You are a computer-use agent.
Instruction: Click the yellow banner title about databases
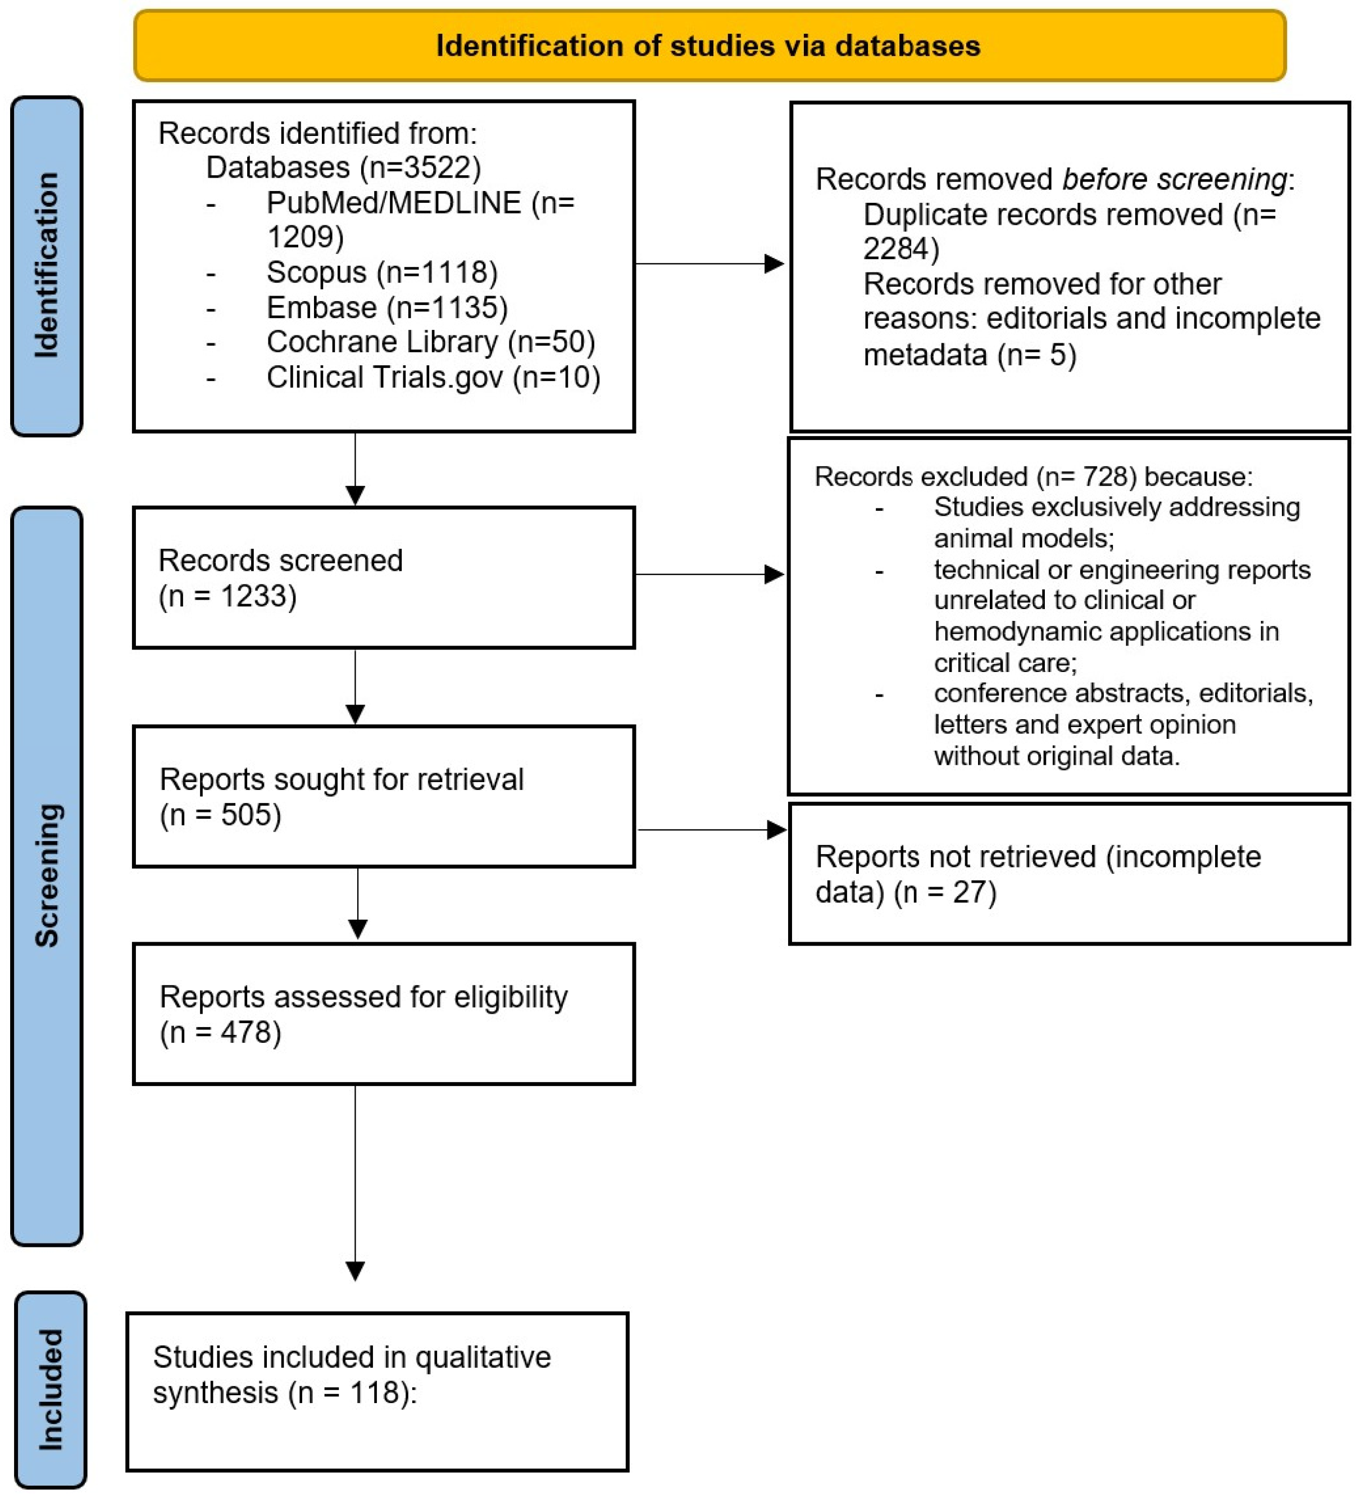pos(708,46)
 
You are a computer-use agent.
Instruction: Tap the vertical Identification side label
pos(46,265)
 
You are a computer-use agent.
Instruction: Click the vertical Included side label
pos(50,1389)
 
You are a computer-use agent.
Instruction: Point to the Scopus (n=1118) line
pos(382,272)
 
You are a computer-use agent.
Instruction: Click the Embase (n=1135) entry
pos(387,307)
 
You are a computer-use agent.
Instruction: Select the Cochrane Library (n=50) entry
pos(431,342)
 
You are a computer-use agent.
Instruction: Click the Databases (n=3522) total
pos(343,167)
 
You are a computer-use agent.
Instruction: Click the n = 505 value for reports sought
pos(221,815)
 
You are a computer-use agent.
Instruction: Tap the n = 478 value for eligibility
pos(221,1032)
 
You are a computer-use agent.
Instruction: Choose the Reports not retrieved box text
pos(1038,874)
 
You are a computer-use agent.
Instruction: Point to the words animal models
pos(1024,538)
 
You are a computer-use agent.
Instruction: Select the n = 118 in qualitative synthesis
pos(349,1392)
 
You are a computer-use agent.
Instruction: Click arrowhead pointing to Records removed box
pos(775,263)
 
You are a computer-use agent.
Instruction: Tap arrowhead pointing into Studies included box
pos(355,1272)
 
